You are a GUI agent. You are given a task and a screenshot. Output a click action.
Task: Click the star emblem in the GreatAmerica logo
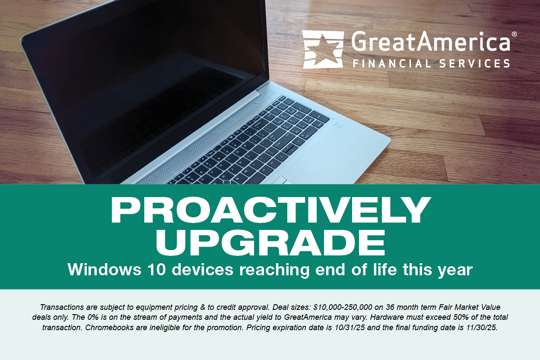(323, 49)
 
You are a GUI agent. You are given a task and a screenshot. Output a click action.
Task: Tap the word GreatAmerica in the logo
(430, 41)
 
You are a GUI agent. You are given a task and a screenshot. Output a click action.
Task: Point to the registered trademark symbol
(514, 34)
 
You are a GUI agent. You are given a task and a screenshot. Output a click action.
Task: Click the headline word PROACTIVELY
(270, 210)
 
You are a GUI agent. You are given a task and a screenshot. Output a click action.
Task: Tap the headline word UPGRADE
(270, 242)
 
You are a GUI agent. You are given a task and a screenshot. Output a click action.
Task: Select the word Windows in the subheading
(104, 269)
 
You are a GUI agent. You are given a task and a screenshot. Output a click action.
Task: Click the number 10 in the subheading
(156, 269)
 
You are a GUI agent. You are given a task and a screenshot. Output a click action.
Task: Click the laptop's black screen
(145, 84)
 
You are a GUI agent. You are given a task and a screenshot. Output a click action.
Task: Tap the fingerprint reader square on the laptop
(338, 125)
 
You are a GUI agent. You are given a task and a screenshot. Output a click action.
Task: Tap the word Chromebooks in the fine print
(109, 328)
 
